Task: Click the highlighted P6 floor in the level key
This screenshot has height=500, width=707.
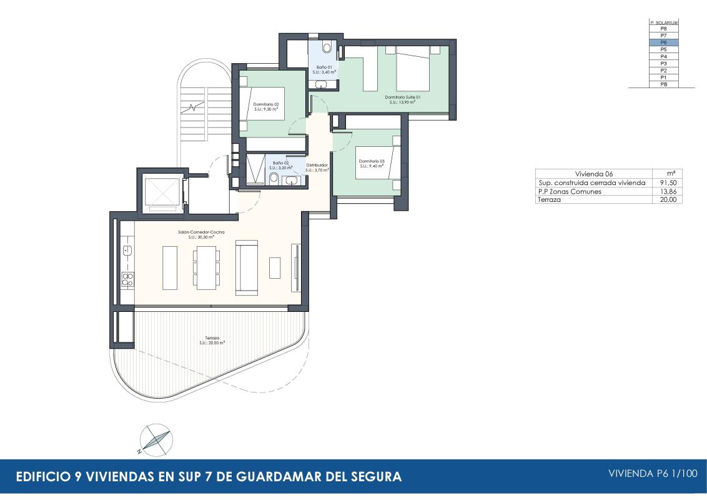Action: (x=663, y=42)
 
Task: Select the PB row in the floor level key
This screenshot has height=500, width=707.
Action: (x=663, y=84)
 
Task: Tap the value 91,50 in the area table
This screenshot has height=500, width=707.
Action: (x=668, y=182)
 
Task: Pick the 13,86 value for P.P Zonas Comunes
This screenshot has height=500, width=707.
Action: (x=668, y=191)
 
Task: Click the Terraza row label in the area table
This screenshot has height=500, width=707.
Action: (x=549, y=200)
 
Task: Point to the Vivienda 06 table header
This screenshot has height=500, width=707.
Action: (x=593, y=174)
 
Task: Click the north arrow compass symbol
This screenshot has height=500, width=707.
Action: (x=156, y=439)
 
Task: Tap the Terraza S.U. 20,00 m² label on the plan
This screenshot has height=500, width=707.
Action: (x=212, y=340)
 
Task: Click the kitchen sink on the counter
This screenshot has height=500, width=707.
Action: (x=127, y=251)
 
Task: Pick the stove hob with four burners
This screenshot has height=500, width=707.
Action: (x=127, y=279)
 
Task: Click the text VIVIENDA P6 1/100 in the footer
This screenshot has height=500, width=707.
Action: (x=653, y=474)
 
